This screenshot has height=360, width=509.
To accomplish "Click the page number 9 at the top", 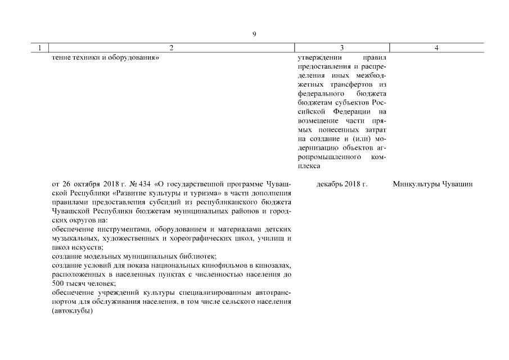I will (x=254, y=34).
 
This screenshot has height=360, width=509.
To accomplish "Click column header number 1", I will (x=39, y=48).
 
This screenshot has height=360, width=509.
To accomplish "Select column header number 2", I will (x=172, y=48).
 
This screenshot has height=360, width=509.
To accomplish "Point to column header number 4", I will (x=436, y=48).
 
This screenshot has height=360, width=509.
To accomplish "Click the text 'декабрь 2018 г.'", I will (x=341, y=184).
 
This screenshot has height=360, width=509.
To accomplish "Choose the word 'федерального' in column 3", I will (x=319, y=94).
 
